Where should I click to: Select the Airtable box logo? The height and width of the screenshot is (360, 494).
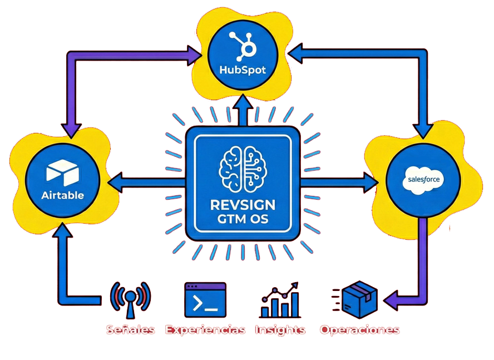point(62,173)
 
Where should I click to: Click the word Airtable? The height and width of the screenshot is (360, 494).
point(62,195)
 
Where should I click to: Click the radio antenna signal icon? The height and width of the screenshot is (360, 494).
point(130,298)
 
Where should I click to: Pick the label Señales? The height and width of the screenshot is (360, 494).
point(130,329)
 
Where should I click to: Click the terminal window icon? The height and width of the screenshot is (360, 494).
point(205,299)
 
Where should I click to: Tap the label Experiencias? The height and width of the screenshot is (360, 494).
point(205,329)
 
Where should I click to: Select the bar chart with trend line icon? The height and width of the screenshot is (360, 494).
point(280,300)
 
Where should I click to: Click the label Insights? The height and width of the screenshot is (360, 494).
point(280,329)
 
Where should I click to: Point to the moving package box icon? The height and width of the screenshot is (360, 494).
point(356,298)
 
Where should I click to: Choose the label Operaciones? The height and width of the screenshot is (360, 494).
point(359,329)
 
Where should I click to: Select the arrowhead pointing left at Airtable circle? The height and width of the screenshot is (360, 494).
point(115,181)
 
